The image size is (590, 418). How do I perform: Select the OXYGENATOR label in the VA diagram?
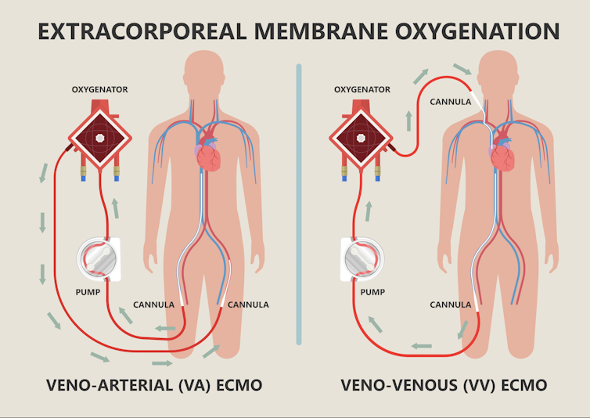click(x=99, y=90)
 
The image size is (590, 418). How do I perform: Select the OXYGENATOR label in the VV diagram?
click(x=362, y=90)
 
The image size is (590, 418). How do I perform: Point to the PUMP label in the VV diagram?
click(x=372, y=291)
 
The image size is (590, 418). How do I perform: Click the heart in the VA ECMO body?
click(x=209, y=153)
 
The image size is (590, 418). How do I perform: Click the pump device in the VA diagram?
click(x=99, y=258)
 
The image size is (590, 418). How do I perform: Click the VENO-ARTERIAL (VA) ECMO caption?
click(x=153, y=386)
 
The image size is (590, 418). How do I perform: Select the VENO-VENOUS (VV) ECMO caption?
click(x=444, y=386)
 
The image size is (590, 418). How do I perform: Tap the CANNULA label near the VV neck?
click(x=450, y=102)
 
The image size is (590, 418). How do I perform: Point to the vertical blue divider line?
click(x=299, y=204)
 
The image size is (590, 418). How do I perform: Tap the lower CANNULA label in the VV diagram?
click(x=450, y=304)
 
